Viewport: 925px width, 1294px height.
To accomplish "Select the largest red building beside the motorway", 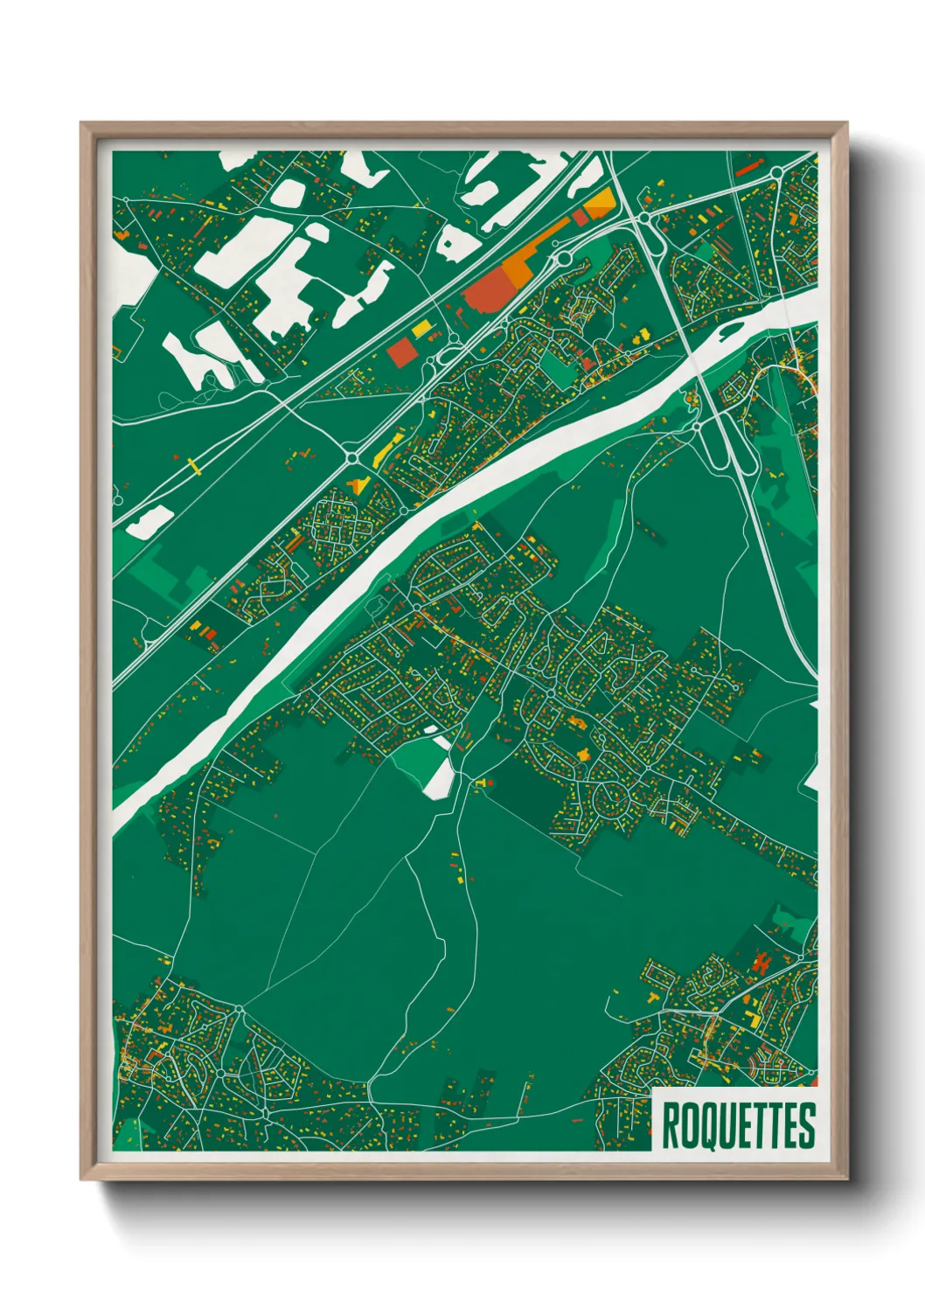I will click(x=486, y=289).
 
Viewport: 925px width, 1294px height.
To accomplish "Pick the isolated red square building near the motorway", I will click(x=402, y=352).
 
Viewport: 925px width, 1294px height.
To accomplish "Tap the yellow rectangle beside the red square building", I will click(x=421, y=329).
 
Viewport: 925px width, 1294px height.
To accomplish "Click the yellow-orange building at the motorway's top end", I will click(x=601, y=204).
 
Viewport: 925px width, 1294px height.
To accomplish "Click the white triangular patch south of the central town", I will click(x=440, y=777).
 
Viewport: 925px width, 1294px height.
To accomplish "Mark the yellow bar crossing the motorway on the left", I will click(x=194, y=466).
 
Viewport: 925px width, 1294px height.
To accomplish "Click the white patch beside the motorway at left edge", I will click(x=149, y=521).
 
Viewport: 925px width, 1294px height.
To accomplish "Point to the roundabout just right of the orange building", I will click(x=562, y=258).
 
